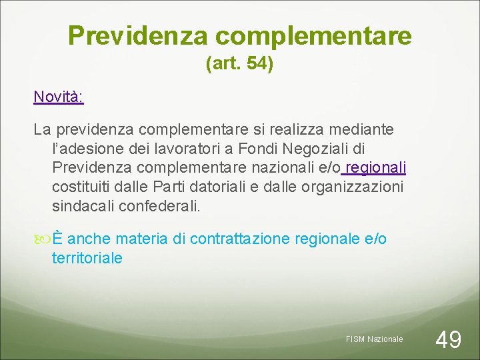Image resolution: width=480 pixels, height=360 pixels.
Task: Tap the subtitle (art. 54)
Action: pos(240,65)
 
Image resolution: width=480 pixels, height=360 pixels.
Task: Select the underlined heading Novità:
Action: pos(59,97)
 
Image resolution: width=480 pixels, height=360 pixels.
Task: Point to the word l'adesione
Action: pos(83,147)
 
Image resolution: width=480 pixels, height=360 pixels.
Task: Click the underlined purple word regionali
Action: pos(377,167)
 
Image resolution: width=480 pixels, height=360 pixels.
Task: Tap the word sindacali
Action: pos(83,206)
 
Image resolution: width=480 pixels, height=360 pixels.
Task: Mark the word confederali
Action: pos(158,206)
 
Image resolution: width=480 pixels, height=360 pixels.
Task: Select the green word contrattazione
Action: pos(235,239)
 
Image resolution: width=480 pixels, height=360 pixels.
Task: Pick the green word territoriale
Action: pos(87,258)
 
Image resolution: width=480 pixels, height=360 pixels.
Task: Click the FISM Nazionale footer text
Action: pos(374,339)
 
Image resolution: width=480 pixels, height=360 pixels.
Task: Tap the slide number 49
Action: pos(448,339)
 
